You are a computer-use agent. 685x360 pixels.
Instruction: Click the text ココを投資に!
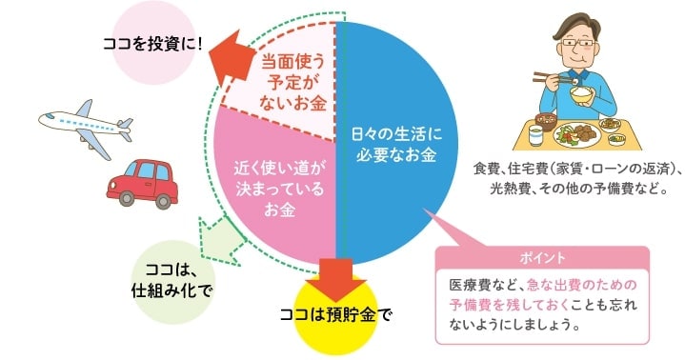click(x=152, y=43)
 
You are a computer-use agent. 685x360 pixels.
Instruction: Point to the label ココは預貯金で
click(x=335, y=312)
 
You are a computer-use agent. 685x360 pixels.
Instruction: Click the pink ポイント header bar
click(x=542, y=257)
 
